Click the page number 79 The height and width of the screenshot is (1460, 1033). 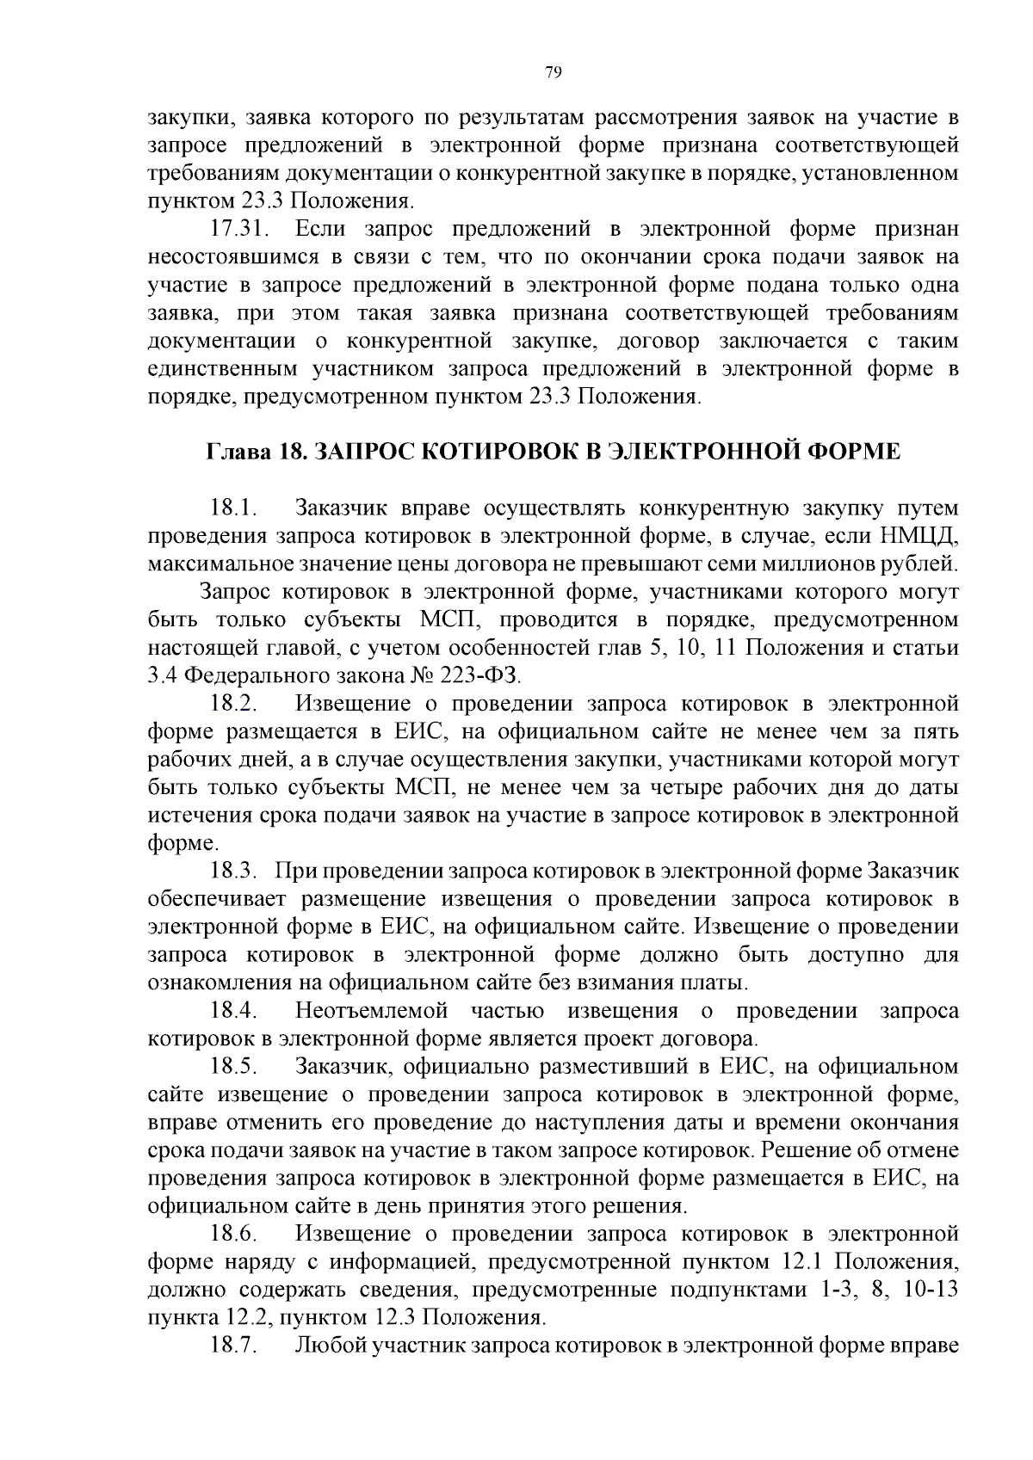[554, 72]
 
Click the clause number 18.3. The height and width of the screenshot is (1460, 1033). [235, 871]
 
